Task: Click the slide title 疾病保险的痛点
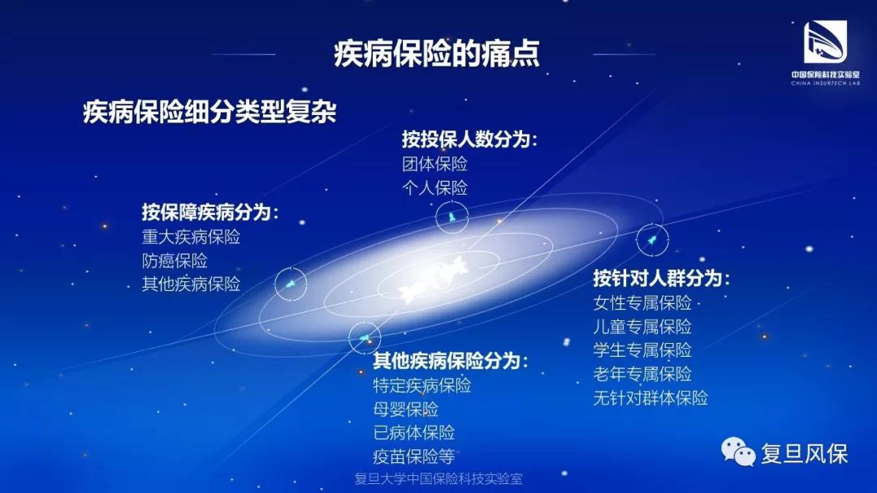pyautogui.click(x=437, y=54)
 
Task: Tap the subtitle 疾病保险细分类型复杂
pyautogui.click(x=210, y=112)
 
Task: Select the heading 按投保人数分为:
pyautogui.click(x=469, y=139)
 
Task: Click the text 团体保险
pyautogui.click(x=434, y=164)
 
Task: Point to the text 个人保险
pyautogui.click(x=434, y=187)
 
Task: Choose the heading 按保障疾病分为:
pyautogui.click(x=210, y=212)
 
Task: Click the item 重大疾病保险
pyautogui.click(x=191, y=237)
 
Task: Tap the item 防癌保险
pyautogui.click(x=175, y=261)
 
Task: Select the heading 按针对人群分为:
pyautogui.click(x=662, y=278)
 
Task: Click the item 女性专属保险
pyautogui.click(x=642, y=302)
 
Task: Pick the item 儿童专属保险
pyautogui.click(x=642, y=327)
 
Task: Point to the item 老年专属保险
pyautogui.click(x=642, y=374)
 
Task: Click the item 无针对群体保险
pyautogui.click(x=650, y=397)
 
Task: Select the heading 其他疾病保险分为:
pyautogui.click(x=450, y=361)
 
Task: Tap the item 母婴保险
pyautogui.click(x=405, y=409)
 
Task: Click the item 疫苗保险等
pyautogui.click(x=414, y=457)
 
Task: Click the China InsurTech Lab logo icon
pyautogui.click(x=825, y=42)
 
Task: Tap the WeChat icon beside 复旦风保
pyautogui.click(x=738, y=452)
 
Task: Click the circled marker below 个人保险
pyautogui.click(x=451, y=217)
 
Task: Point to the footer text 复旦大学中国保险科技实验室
pyautogui.click(x=438, y=479)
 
